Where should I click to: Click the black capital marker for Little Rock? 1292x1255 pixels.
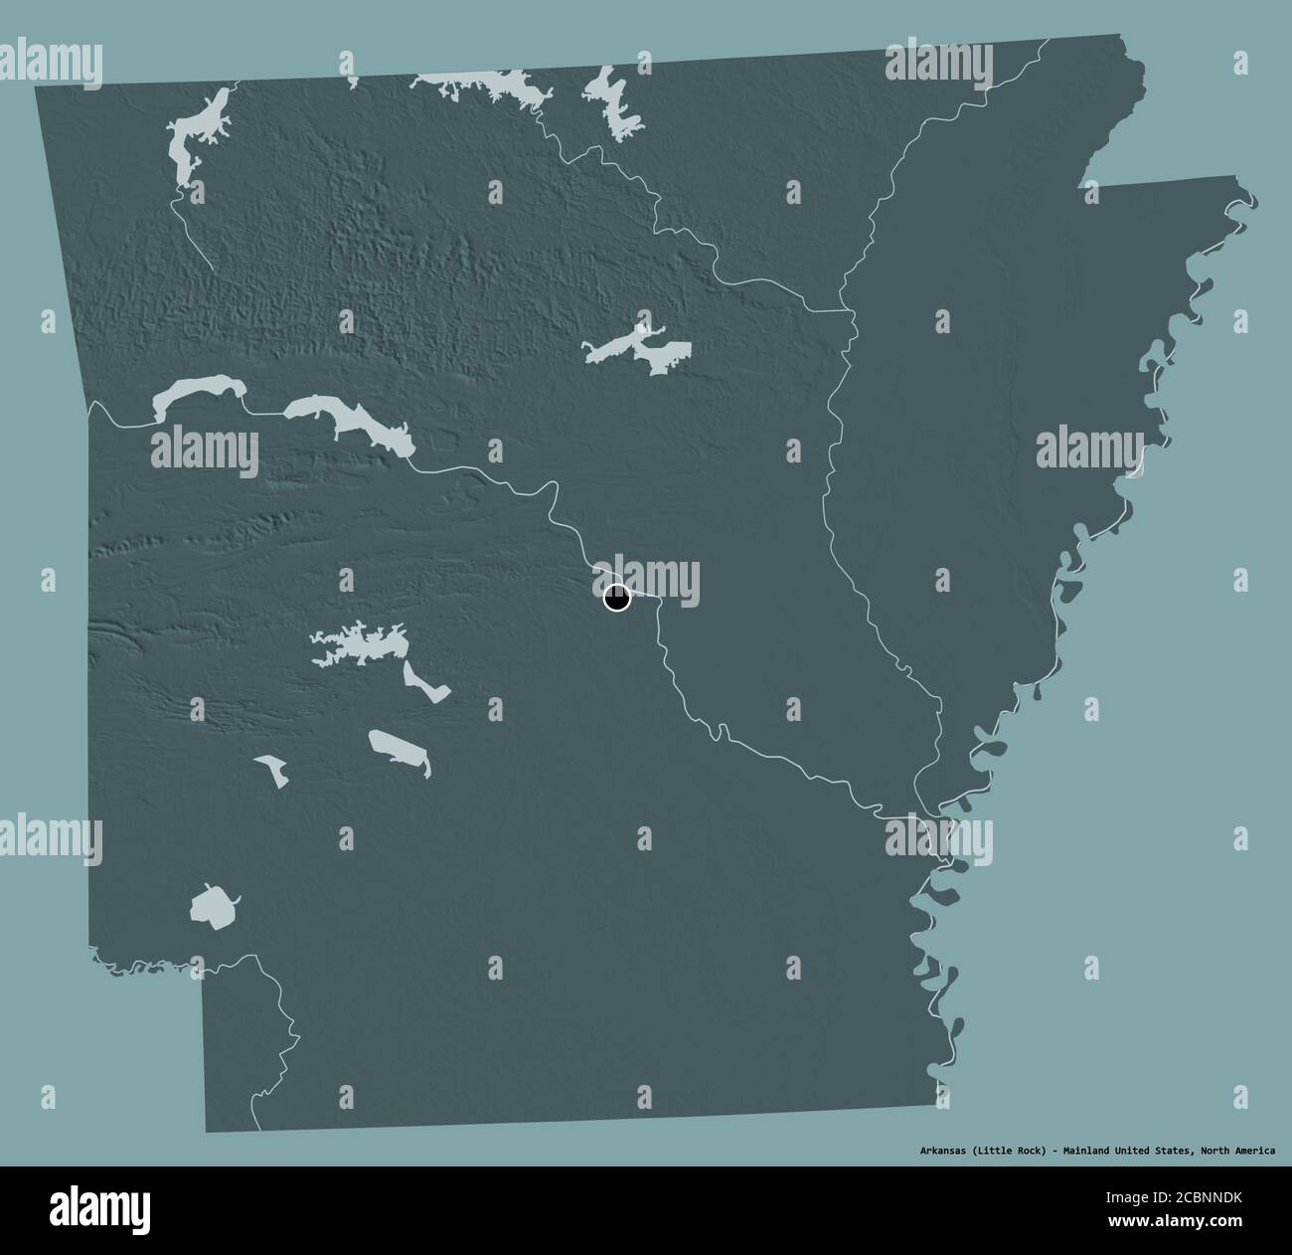617,599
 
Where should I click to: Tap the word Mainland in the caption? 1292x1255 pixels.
1082,1151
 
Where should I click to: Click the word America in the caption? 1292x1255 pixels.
1255,1151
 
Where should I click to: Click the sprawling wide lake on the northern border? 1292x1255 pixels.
487,90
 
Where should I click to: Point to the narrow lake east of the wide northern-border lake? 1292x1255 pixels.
616,104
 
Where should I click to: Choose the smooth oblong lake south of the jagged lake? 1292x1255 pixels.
399,752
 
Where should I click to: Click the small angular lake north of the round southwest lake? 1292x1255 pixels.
269,769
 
